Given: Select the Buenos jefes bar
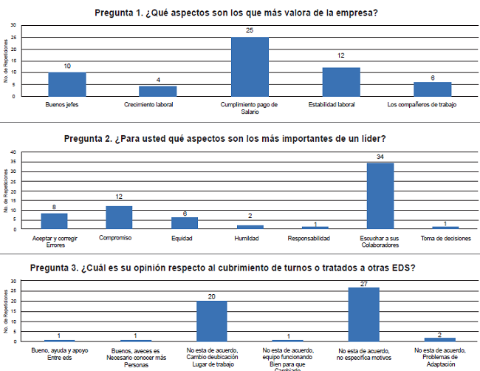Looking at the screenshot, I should (x=67, y=84).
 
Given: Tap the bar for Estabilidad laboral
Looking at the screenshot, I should (x=341, y=81).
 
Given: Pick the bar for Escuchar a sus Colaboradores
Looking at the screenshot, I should (x=380, y=196).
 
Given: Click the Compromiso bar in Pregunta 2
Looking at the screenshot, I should (x=119, y=217).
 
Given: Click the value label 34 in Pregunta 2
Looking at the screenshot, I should (x=380, y=157).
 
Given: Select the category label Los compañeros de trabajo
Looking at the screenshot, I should (x=422, y=105).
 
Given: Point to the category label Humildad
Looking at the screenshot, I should (x=250, y=239).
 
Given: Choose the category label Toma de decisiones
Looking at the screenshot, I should (x=445, y=239).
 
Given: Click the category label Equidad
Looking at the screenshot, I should (x=184, y=239).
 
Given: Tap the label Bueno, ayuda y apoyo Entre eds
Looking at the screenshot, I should (x=58, y=353).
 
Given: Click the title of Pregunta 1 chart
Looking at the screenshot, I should (x=242, y=13).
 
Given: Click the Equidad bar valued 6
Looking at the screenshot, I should (x=184, y=223).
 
